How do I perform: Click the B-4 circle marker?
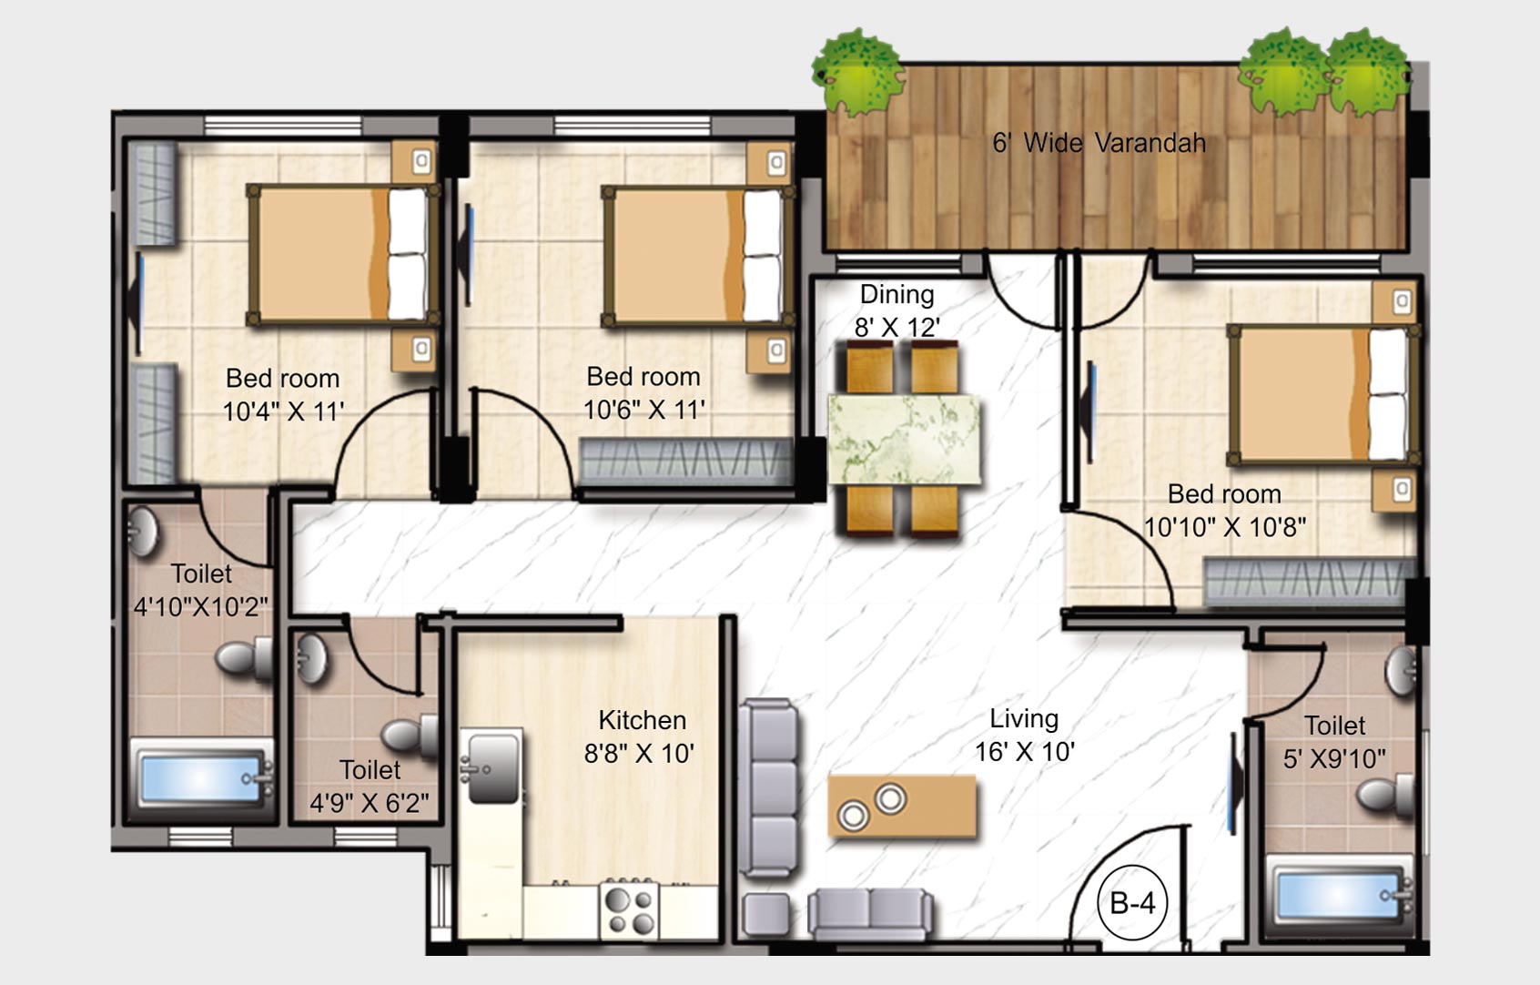(x=1132, y=903)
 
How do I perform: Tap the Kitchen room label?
(x=642, y=720)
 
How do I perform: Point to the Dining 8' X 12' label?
(x=897, y=310)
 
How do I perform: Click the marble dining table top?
(x=904, y=440)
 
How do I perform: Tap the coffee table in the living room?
(x=902, y=806)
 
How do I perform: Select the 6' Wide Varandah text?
(x=1099, y=143)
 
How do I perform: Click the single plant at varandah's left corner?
(x=857, y=72)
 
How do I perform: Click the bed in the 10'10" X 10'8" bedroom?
(x=1322, y=393)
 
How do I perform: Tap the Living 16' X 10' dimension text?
(x=1025, y=752)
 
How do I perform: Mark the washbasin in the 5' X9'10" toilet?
(x=1400, y=671)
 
